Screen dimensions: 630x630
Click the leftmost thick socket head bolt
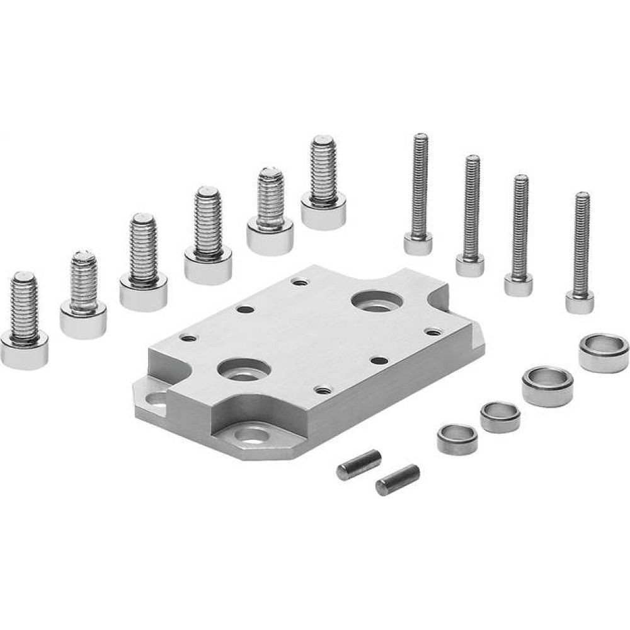coord(25,321)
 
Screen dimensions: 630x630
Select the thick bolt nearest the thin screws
coord(323,183)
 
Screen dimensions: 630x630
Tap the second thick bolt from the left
coord(83,296)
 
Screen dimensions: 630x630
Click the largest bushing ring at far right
coord(603,352)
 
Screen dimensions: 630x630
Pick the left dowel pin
coord(358,464)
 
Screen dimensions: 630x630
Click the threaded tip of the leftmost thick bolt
coord(25,280)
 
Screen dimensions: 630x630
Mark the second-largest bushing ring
coord(547,386)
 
